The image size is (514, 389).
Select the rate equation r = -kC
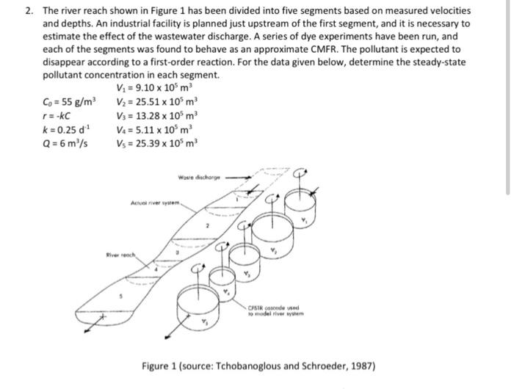tap(56, 116)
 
